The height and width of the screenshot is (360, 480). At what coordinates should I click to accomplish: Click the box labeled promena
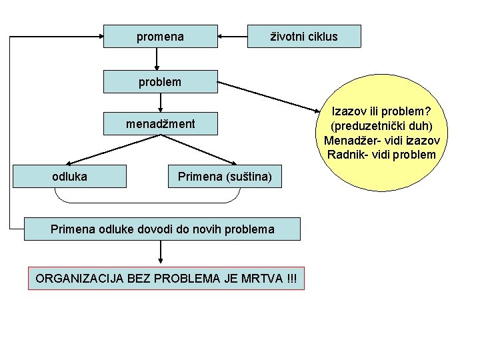pyautogui.click(x=161, y=37)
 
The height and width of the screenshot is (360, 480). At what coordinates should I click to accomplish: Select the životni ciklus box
pyautogui.click(x=303, y=37)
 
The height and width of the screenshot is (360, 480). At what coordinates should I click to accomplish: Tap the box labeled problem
pyautogui.click(x=161, y=82)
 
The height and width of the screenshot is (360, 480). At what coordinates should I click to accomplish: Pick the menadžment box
pyautogui.click(x=161, y=123)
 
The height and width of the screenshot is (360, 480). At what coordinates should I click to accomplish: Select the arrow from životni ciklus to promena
pyautogui.click(x=233, y=37)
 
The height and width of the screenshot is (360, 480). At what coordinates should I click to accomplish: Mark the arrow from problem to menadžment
pyautogui.click(x=161, y=102)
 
